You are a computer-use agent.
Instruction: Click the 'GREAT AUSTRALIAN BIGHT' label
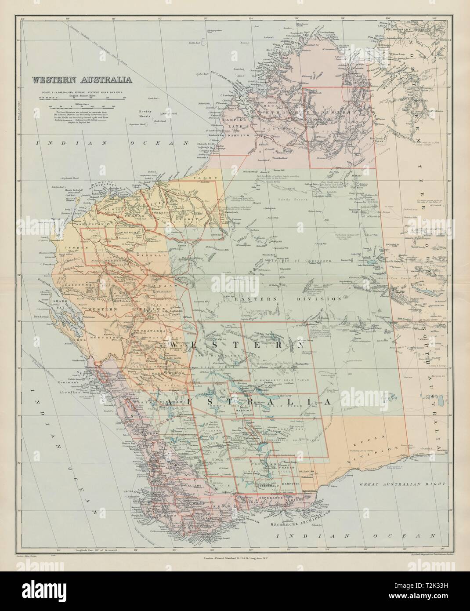coord(391,484)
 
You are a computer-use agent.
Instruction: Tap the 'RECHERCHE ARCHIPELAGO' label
coord(297,512)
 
